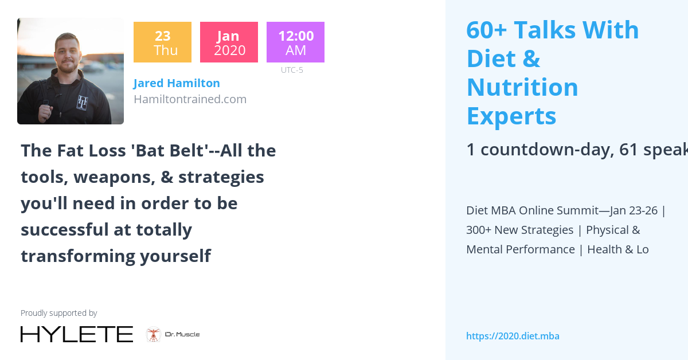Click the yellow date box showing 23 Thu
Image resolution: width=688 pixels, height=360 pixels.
pyautogui.click(x=162, y=42)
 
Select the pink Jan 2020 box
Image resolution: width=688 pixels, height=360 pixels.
pyautogui.click(x=229, y=42)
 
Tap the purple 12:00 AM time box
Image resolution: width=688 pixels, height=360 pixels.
pyautogui.click(x=295, y=42)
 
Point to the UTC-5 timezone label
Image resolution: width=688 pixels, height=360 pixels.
pyautogui.click(x=292, y=70)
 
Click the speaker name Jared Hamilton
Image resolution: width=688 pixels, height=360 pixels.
pyautogui.click(x=177, y=83)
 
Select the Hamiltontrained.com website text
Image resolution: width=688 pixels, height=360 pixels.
pyautogui.click(x=190, y=99)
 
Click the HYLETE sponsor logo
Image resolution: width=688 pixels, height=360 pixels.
pyautogui.click(x=77, y=334)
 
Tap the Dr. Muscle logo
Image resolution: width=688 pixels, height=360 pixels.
pyautogui.click(x=173, y=334)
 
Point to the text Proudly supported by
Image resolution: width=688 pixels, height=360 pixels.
pyautogui.click(x=58, y=313)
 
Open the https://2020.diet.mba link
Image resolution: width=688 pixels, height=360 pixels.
pyautogui.click(x=513, y=336)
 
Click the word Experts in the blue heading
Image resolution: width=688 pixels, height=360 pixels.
pyautogui.click(x=511, y=116)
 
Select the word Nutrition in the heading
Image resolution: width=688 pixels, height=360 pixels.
pyautogui.click(x=522, y=87)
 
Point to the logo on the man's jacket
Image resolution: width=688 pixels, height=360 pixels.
pyautogui.click(x=83, y=101)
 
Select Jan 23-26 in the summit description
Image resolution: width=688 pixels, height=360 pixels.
pyautogui.click(x=634, y=210)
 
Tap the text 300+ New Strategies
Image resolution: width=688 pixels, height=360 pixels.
pyautogui.click(x=519, y=230)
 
